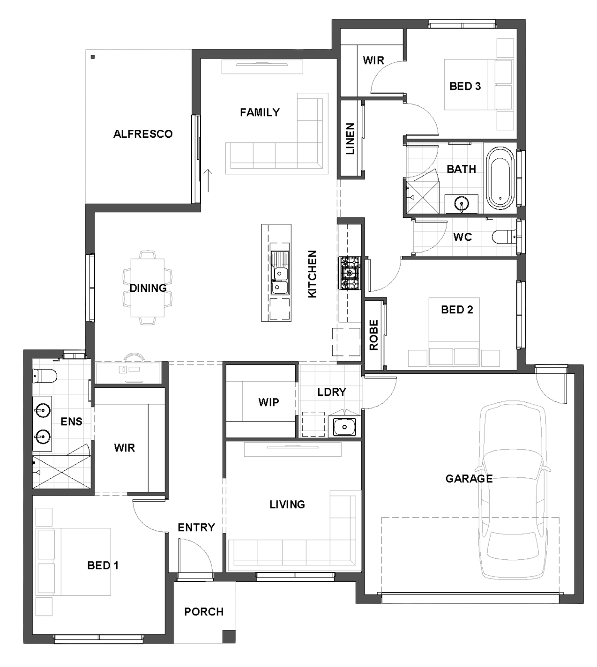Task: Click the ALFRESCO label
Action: pos(143,134)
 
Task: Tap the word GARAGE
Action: pos(469,478)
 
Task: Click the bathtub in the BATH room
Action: pos(500,178)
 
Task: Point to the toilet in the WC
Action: pos(504,237)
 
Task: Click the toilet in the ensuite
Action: pos(45,376)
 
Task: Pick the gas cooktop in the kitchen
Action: pos(350,273)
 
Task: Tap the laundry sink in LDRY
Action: pos(344,427)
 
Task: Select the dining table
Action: pos(148,288)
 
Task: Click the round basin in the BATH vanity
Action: pos(462,204)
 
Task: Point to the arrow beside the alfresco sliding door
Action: pos(208,180)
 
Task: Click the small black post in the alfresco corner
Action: pos(93,57)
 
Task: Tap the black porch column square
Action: pos(229,636)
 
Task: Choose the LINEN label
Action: pos(350,139)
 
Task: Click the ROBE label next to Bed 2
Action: pos(373,335)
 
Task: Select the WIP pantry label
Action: pos(269,402)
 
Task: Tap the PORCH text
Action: pos(204,612)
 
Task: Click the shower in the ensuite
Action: pos(61,472)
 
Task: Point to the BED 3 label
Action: pos(465,86)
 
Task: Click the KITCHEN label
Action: pos(312,274)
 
